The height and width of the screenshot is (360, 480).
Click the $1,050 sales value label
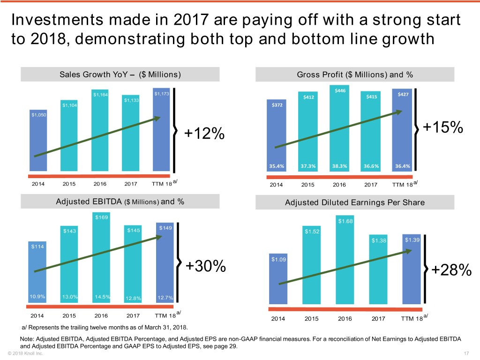click(x=39, y=115)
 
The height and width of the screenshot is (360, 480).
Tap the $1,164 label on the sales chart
click(x=101, y=95)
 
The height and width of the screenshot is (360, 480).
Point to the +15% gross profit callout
click(x=443, y=128)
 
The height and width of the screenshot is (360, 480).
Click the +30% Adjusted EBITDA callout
click(x=206, y=266)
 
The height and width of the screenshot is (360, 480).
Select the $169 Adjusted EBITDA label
click(x=101, y=217)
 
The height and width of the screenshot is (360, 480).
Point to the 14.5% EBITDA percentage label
click(x=102, y=296)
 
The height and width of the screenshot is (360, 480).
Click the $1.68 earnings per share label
click(x=345, y=221)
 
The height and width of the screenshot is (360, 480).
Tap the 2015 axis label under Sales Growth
click(x=69, y=184)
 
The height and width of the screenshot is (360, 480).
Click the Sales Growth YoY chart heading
click(x=120, y=75)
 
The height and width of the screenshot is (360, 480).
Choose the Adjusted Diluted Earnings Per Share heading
click(x=355, y=202)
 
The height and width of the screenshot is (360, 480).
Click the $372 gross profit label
click(x=277, y=105)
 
